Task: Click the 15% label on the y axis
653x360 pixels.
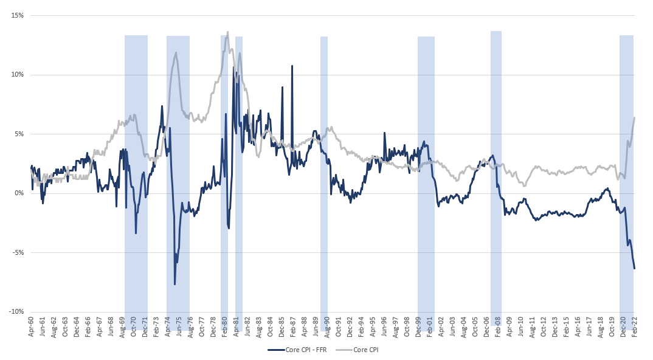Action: click(16, 15)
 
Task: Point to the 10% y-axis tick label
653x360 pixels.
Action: click(16, 75)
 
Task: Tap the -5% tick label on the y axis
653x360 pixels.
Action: click(16, 252)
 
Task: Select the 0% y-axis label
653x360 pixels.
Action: click(18, 193)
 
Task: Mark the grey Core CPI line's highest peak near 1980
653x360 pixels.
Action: click(227, 32)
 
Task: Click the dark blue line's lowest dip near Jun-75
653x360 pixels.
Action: click(174, 284)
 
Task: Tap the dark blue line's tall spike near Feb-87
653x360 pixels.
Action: click(292, 66)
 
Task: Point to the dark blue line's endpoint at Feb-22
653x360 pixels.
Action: click(634, 268)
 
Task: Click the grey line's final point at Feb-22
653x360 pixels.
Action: click(634, 118)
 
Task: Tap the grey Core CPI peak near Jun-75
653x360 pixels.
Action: click(176, 53)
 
